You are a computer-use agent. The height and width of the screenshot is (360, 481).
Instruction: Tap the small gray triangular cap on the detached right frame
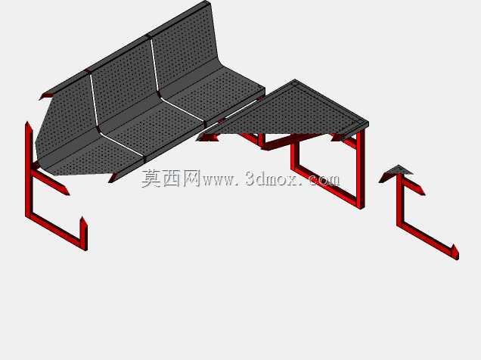pos(396,172)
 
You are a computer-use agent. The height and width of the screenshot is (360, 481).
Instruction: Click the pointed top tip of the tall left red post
pos(27,123)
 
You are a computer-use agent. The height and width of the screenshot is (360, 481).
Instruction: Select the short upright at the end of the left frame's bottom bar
pos(83,232)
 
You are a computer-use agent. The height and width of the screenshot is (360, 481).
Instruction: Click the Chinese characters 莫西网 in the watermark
pos(171,178)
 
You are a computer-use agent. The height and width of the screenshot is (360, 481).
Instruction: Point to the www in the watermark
pos(219,181)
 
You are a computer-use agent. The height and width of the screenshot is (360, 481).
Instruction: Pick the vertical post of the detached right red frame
pos(399,200)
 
